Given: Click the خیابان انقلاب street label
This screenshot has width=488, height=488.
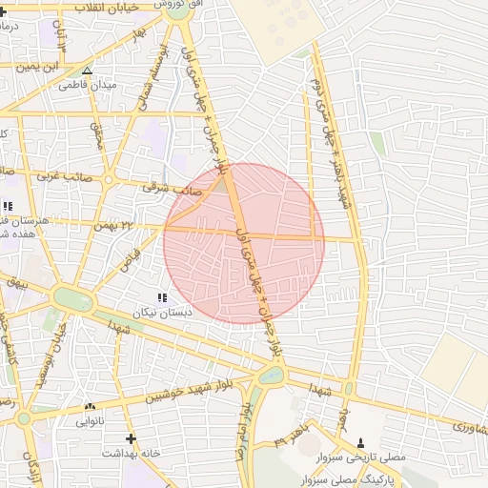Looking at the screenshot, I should (x=104, y=7).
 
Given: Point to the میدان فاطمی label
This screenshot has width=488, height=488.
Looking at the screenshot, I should (x=87, y=85).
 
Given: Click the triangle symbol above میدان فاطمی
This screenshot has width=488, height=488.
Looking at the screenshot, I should (x=87, y=71).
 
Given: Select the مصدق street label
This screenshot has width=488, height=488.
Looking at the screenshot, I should (x=96, y=136).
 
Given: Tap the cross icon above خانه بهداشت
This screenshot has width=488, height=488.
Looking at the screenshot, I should (x=131, y=438).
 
